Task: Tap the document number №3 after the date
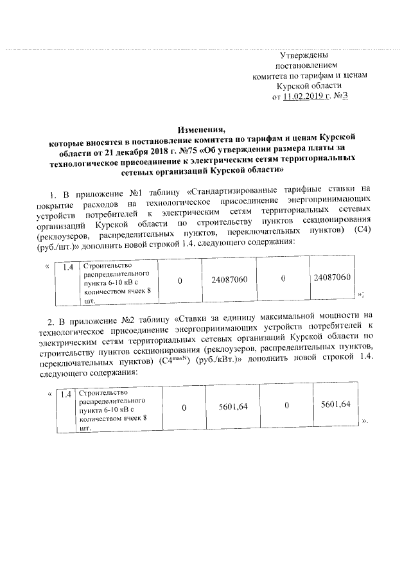[x=341, y=96]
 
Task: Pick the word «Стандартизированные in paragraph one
[x=241, y=190]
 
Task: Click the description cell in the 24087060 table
[x=117, y=282]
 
